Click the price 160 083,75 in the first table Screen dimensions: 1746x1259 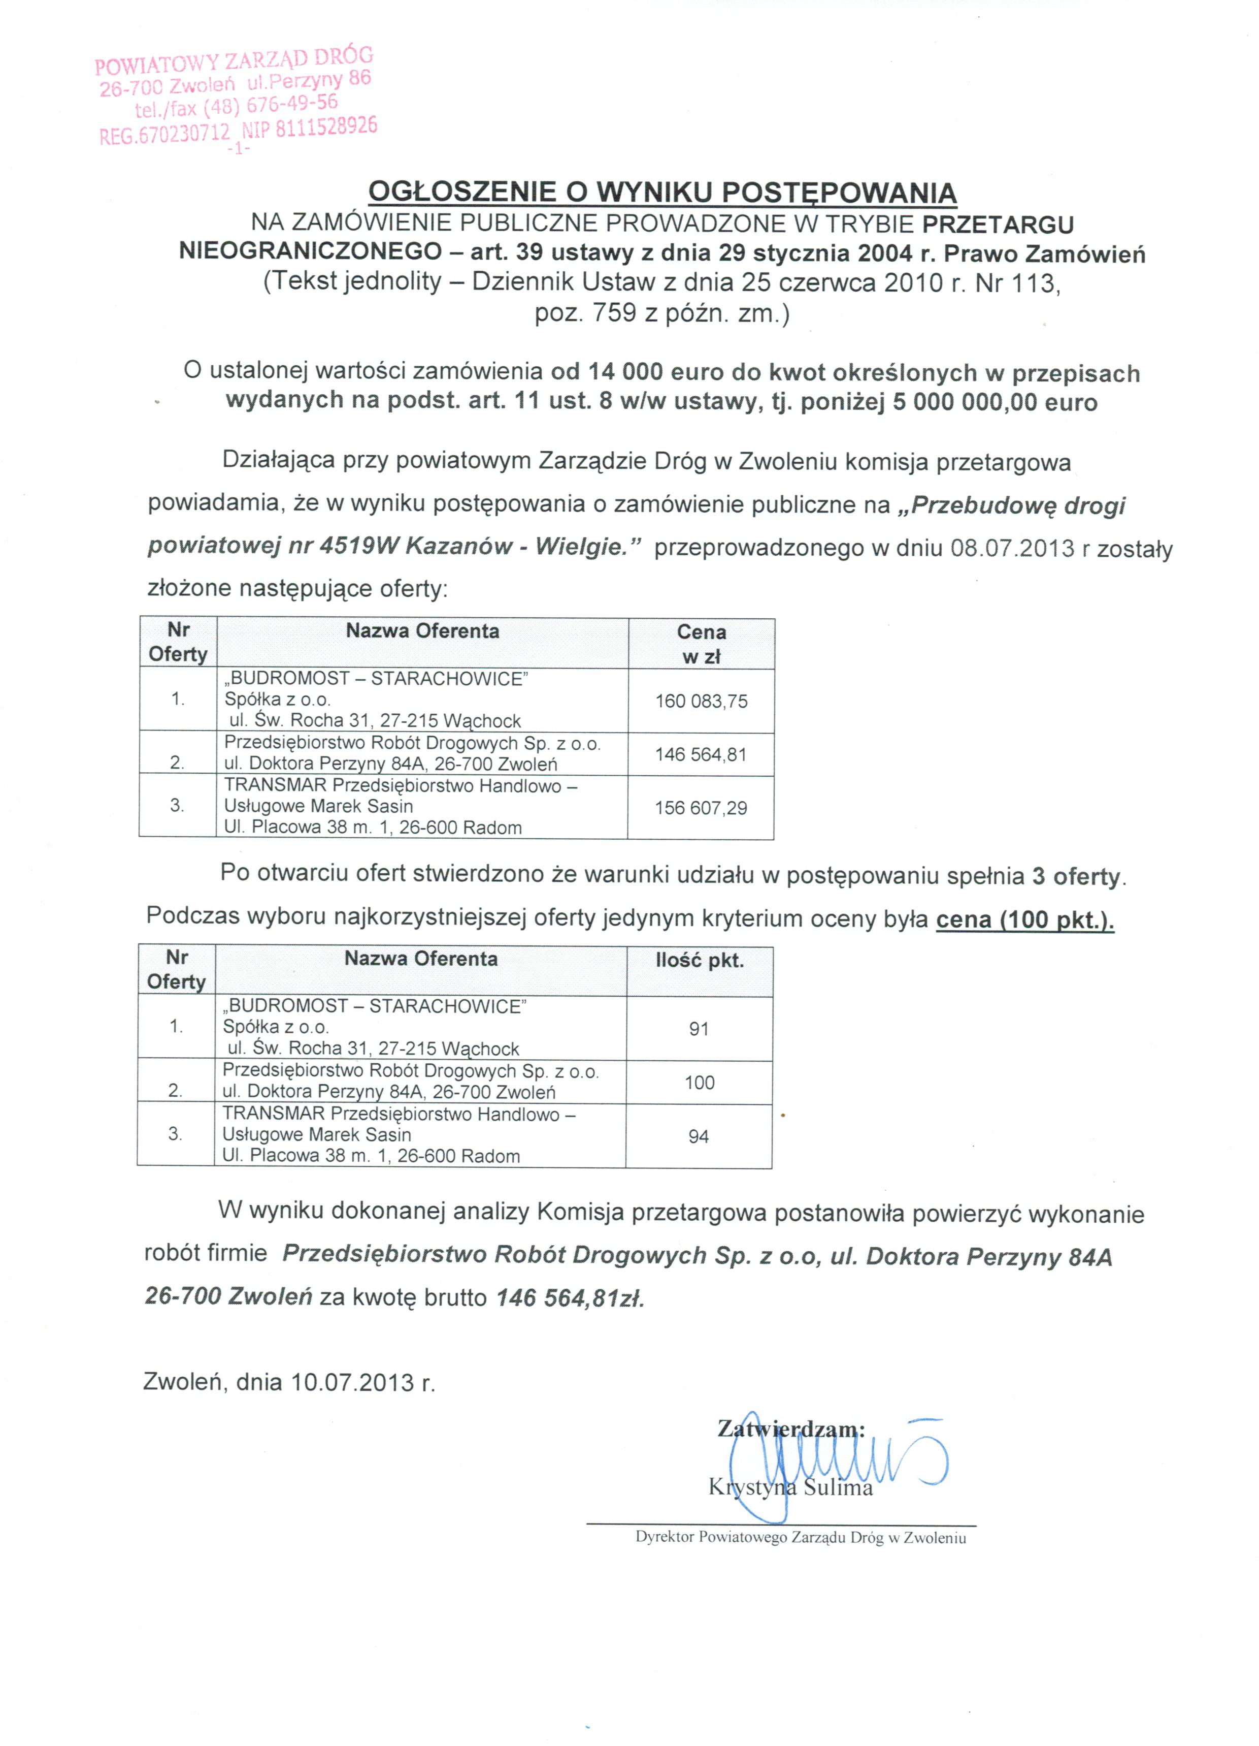(x=701, y=702)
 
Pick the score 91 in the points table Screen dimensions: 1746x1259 (x=699, y=1029)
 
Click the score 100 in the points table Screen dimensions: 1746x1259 (x=700, y=1083)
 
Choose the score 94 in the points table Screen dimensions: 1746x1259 (x=699, y=1136)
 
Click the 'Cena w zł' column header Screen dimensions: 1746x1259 (x=701, y=644)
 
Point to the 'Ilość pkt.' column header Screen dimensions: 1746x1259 (x=700, y=961)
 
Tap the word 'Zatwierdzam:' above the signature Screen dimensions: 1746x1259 (x=791, y=1429)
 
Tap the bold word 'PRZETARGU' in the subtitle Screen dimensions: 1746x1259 (x=998, y=224)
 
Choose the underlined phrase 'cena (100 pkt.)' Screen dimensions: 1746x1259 (x=1025, y=920)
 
